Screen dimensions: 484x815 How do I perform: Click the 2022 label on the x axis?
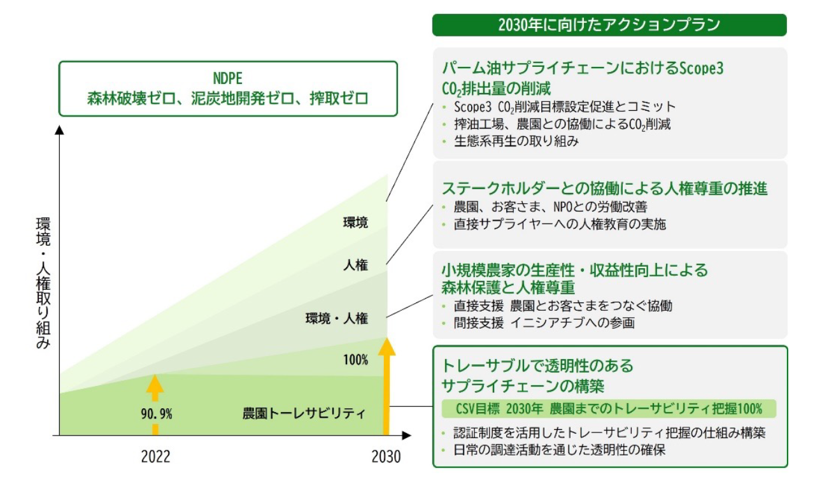pyautogui.click(x=155, y=457)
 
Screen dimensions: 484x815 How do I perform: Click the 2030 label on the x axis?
pyautogui.click(x=386, y=457)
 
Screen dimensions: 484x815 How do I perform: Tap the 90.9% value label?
pyautogui.click(x=156, y=414)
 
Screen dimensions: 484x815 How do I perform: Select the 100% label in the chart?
pyautogui.click(x=355, y=360)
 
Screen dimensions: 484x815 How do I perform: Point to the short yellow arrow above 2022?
pyautogui.click(x=155, y=401)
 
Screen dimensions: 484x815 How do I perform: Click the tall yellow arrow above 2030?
pyautogui.click(x=386, y=385)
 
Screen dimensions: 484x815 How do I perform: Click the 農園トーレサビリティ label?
pyautogui.click(x=304, y=413)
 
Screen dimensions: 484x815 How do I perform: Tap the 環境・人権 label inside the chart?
pyautogui.click(x=337, y=319)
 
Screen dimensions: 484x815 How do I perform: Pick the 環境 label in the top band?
pyautogui.click(x=355, y=223)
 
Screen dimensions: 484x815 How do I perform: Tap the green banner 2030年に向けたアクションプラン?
pyautogui.click(x=609, y=25)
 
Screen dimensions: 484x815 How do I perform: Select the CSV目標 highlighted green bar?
pyautogui.click(x=609, y=408)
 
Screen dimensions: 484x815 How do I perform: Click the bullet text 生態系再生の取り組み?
pyautogui.click(x=516, y=141)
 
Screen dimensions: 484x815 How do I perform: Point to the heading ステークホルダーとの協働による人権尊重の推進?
pyautogui.click(x=604, y=189)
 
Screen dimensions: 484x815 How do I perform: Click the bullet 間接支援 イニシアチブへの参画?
pyautogui.click(x=544, y=323)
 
